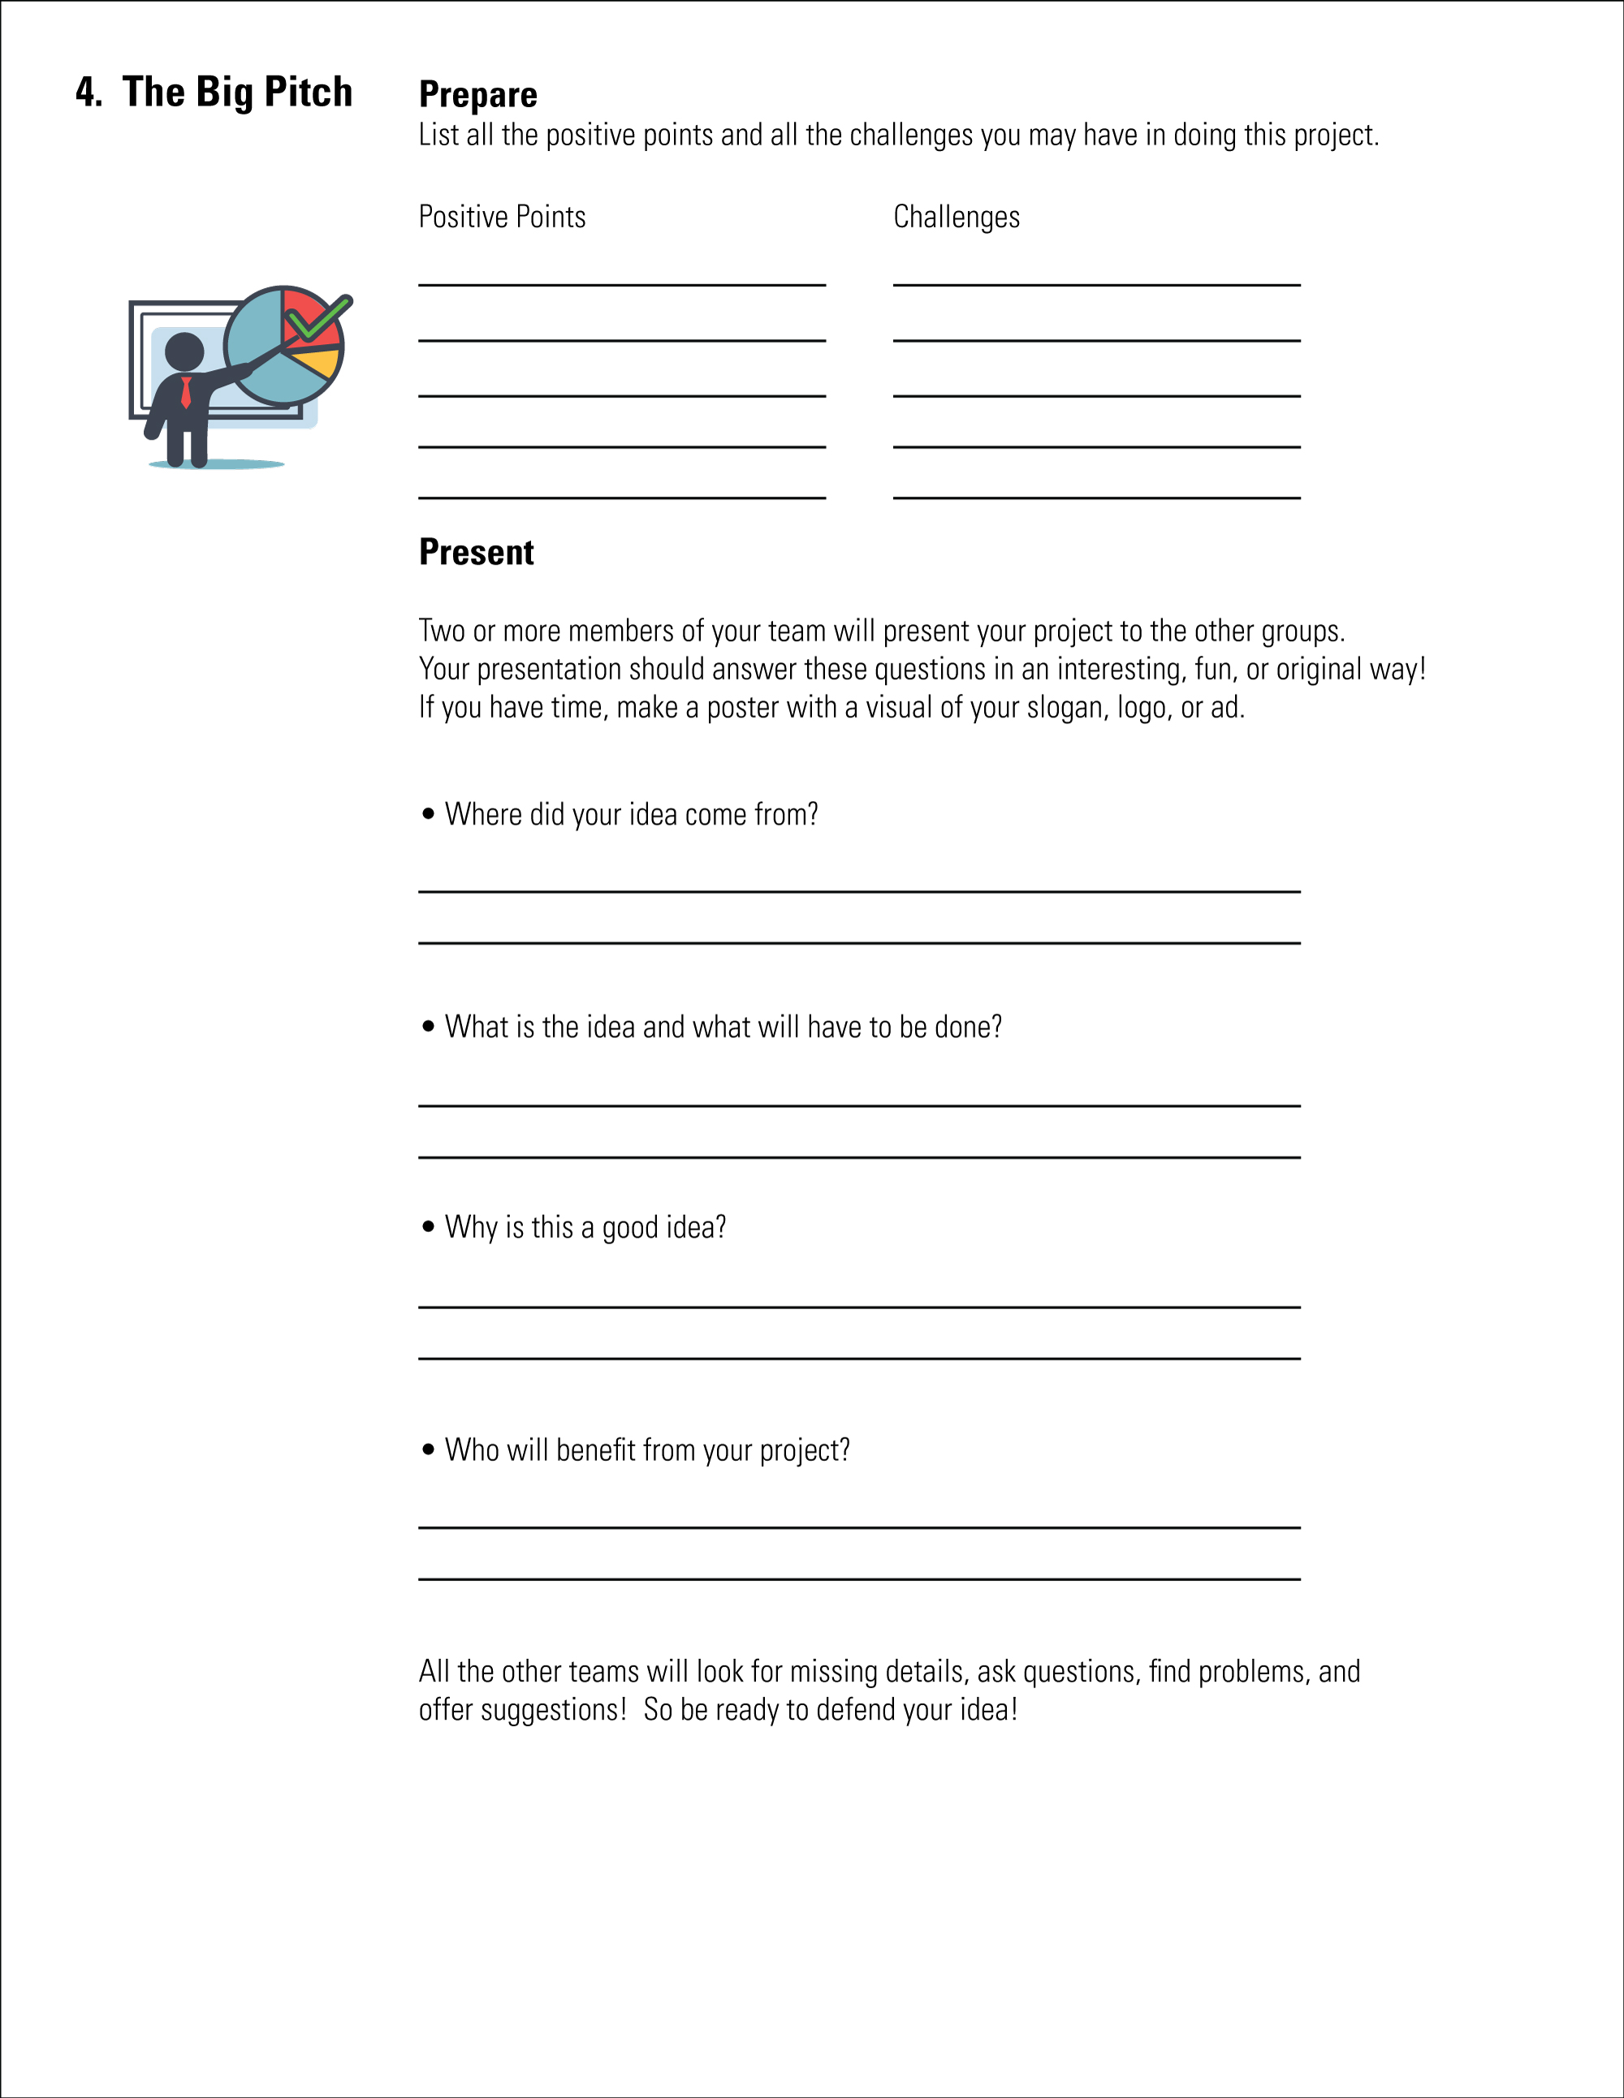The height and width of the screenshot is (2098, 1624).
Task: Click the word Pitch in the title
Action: [x=308, y=93]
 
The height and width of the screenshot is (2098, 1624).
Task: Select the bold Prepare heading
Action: [x=477, y=95]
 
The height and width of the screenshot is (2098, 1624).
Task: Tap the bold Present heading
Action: [x=476, y=553]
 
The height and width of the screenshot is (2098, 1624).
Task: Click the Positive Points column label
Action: [x=502, y=217]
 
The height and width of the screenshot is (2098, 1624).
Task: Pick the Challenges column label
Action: [x=957, y=217]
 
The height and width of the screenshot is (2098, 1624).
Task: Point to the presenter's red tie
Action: [x=187, y=392]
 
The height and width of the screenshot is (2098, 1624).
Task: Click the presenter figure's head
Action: [x=184, y=351]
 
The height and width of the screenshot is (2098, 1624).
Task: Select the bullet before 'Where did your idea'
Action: [x=429, y=814]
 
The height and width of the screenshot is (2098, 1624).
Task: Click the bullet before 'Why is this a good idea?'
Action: [x=429, y=1226]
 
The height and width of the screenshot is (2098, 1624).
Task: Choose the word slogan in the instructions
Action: [x=1067, y=708]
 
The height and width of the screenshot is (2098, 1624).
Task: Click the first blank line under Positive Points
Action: [x=622, y=284]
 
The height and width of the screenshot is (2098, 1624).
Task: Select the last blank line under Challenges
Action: [x=1096, y=498]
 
